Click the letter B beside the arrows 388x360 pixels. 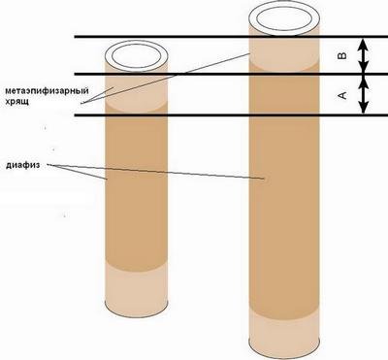tap(342, 55)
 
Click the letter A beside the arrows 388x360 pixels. tap(342, 95)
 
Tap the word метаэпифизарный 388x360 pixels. tap(47, 91)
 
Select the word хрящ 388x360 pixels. tap(16, 101)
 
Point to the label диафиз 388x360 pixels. tap(23, 165)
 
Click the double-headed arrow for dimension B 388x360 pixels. tap(364, 55)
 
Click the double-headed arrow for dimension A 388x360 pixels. tap(364, 95)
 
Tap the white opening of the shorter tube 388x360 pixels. tap(136, 56)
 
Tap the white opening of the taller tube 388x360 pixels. tap(284, 18)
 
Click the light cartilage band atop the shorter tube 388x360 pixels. tap(136, 90)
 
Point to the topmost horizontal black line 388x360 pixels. tap(231, 37)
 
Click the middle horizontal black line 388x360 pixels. tap(231, 75)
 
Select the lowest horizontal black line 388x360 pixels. tap(231, 115)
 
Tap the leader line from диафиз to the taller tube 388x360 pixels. tap(155, 172)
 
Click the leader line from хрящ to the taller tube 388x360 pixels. tap(166, 78)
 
